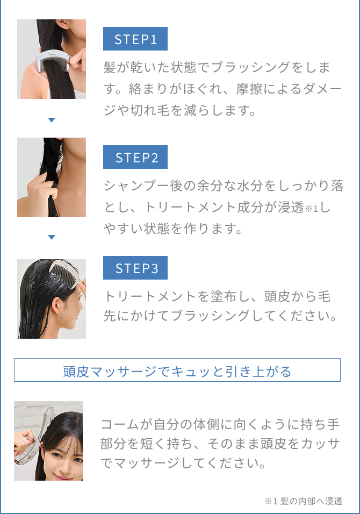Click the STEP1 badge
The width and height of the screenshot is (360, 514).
(x=135, y=39)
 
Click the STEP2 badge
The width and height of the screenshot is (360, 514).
(x=135, y=158)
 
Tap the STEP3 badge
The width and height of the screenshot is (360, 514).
(x=135, y=268)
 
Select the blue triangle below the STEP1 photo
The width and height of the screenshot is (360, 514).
(x=52, y=120)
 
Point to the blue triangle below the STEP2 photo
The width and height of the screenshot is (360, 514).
(x=52, y=237)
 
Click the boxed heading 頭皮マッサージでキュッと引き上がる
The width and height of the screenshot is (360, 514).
(x=177, y=370)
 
